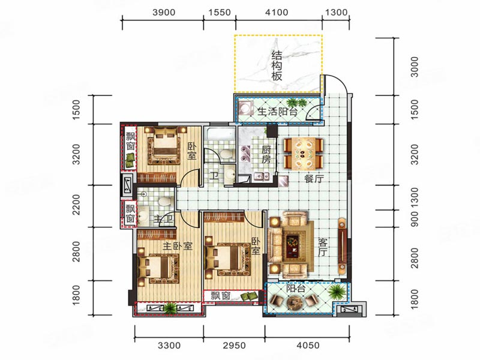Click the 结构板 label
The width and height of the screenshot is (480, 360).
(277, 66)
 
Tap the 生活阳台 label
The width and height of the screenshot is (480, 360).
(277, 111)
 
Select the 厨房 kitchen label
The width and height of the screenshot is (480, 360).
(266, 154)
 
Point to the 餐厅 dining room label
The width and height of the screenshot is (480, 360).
(314, 179)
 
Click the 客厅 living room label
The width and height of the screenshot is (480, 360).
(323, 248)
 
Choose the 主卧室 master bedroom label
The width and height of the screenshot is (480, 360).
(177, 246)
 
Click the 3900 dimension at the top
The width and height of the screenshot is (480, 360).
(164, 12)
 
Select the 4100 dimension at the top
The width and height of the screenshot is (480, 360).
(277, 12)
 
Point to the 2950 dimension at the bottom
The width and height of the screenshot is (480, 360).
(234, 346)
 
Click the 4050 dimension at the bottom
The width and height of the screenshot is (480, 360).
(308, 346)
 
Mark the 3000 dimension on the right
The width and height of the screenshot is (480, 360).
(414, 67)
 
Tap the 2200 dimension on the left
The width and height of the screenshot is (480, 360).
(76, 205)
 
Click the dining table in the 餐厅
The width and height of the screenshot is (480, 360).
(303, 154)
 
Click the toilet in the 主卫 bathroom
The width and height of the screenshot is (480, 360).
(164, 202)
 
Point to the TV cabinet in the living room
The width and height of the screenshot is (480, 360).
(342, 246)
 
